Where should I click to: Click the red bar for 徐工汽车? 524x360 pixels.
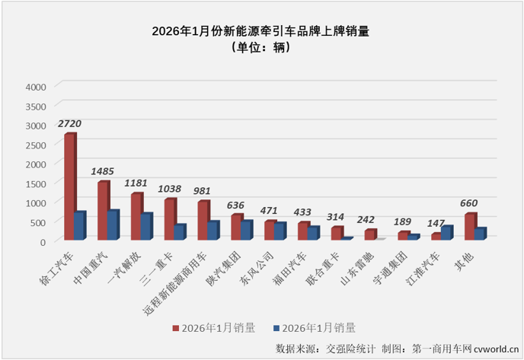(x=69, y=186)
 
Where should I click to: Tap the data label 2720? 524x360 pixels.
(x=69, y=123)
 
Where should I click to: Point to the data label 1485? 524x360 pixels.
(x=103, y=171)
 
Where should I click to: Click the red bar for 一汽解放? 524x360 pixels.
(x=136, y=217)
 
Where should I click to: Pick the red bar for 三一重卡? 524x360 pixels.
(x=169, y=219)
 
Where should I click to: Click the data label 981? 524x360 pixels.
(x=202, y=191)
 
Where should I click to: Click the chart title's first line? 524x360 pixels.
(x=265, y=32)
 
